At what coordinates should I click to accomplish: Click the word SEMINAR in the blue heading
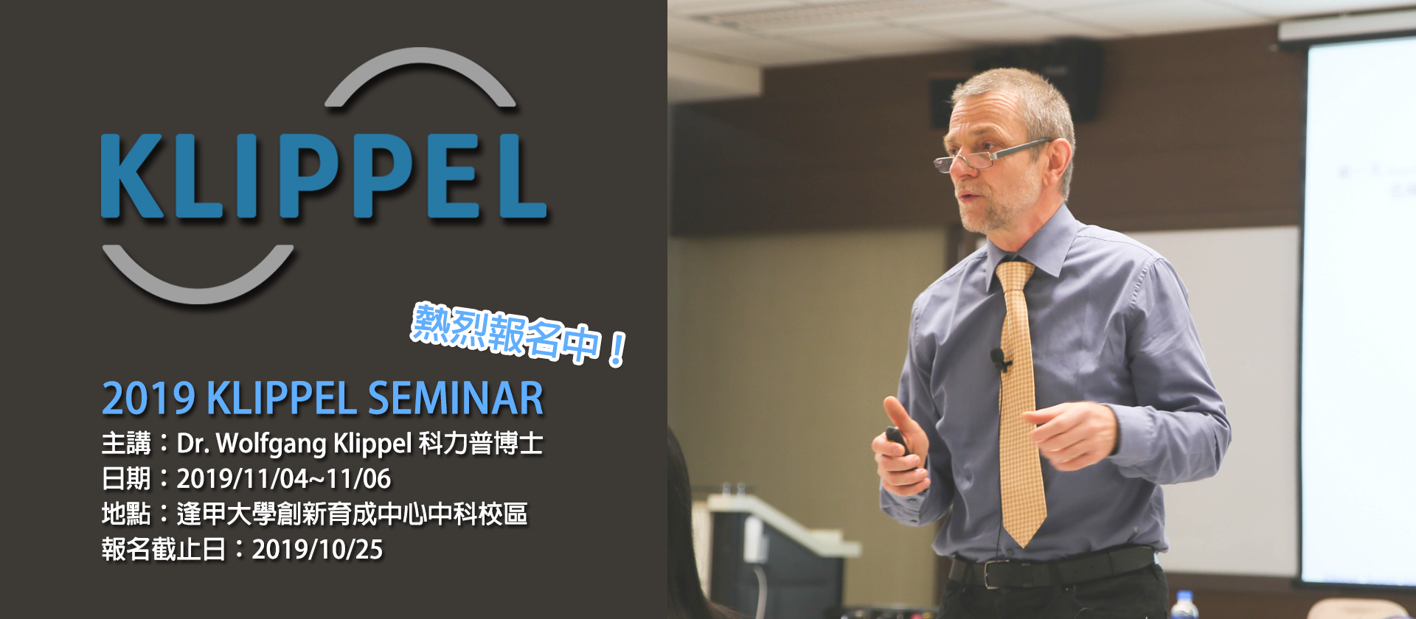[456, 399]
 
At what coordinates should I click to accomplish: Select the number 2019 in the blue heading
[148, 399]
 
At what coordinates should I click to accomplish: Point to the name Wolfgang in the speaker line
[272, 444]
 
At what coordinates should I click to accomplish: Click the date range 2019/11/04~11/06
[284, 479]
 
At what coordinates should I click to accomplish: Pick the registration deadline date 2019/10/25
[317, 550]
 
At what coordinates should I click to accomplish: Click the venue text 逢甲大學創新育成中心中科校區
[353, 514]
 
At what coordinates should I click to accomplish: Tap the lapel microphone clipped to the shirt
[999, 360]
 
